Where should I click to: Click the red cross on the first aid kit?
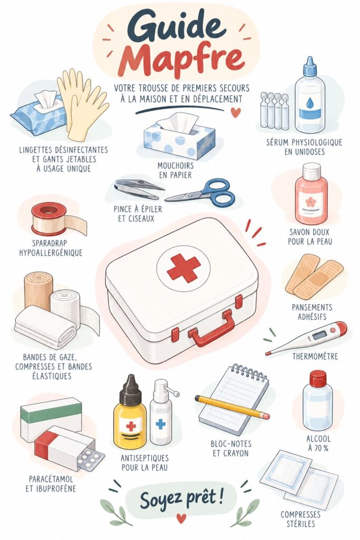[183, 268]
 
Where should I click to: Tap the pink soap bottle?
[311, 194]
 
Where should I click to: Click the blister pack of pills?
[91, 460]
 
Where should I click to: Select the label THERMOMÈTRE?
[315, 356]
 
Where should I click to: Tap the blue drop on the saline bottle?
[310, 102]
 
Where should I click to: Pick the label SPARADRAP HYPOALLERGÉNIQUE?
[51, 248]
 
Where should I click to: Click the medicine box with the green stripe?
[51, 418]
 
